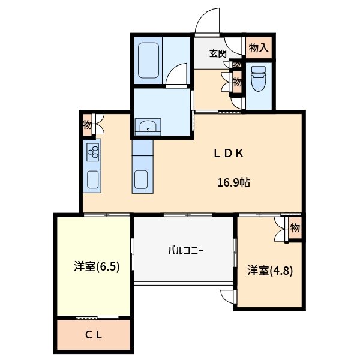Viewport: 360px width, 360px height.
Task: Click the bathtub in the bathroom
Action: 148,61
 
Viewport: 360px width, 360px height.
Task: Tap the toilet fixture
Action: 258,78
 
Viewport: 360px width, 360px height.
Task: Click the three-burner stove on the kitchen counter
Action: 93,152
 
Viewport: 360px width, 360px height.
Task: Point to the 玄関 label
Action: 218,54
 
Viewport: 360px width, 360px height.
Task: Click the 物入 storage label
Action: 259,48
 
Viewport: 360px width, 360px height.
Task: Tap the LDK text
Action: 229,154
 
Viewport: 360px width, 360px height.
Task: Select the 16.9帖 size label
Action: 234,182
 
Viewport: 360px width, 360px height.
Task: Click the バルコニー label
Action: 186,250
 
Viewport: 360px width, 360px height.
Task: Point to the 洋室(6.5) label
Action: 97,266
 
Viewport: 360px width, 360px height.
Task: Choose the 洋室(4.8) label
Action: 270,271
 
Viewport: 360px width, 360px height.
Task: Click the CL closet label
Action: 94,335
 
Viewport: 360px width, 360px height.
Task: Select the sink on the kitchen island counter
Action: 141,179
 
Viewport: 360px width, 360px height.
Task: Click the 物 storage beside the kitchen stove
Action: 87,125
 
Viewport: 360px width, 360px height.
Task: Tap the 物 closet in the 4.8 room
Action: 295,228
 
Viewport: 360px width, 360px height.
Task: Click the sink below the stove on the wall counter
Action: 92,179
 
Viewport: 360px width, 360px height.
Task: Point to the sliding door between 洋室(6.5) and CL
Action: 97,317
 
